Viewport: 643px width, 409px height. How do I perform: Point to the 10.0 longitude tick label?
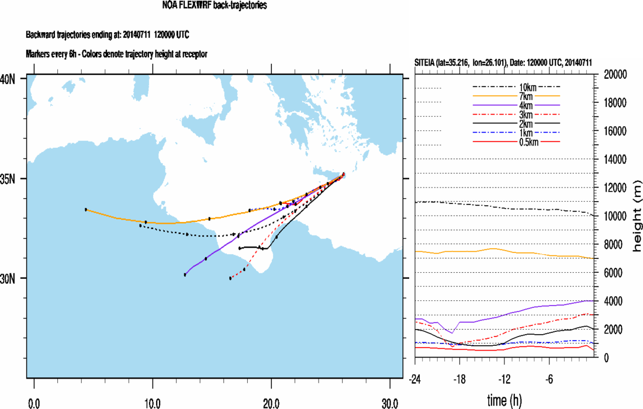[153, 403]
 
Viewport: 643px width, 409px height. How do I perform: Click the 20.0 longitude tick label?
[271, 403]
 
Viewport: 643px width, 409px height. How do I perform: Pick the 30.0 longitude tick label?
[390, 403]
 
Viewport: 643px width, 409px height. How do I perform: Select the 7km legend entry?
[516, 96]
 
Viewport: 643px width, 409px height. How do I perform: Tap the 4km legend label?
[516, 105]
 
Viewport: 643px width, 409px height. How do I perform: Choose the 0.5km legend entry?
[516, 142]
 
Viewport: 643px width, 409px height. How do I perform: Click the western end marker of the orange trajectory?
[86, 209]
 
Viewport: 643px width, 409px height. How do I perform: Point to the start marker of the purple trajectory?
[185, 275]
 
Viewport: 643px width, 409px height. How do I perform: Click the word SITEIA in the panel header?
[426, 63]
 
